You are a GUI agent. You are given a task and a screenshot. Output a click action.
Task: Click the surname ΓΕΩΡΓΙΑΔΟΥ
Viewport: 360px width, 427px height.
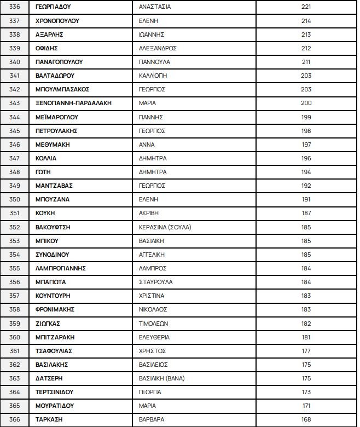coord(53,7)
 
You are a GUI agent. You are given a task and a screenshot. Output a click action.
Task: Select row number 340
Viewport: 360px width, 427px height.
coord(15,62)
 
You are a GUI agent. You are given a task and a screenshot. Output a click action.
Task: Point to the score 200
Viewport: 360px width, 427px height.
coord(306,103)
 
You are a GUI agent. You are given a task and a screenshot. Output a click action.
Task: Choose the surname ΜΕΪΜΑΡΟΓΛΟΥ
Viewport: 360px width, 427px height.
coord(57,117)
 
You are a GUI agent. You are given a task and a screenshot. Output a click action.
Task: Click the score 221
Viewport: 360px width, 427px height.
coord(306,7)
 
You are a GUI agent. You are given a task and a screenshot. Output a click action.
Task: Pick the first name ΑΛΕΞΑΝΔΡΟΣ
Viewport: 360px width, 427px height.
coord(158,48)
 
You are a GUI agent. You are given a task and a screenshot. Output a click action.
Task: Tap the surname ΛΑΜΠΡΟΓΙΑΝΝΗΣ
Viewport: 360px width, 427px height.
coord(60,268)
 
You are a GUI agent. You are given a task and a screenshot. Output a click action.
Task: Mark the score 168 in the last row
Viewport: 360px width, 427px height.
coord(306,419)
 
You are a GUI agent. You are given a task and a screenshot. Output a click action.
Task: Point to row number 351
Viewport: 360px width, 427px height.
coord(15,213)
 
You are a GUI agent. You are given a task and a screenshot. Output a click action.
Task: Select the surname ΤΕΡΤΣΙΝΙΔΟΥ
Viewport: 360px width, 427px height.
coord(54,392)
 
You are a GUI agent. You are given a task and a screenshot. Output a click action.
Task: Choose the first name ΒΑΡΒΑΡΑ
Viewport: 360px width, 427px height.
coord(152,419)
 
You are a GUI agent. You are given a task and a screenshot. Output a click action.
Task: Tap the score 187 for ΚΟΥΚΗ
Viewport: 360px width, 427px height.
coord(306,213)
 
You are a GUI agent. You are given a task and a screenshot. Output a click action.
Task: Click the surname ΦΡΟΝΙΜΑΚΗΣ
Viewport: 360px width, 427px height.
coord(55,309)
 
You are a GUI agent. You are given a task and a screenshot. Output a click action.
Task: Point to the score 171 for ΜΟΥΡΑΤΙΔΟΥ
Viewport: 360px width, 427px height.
coord(306,406)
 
